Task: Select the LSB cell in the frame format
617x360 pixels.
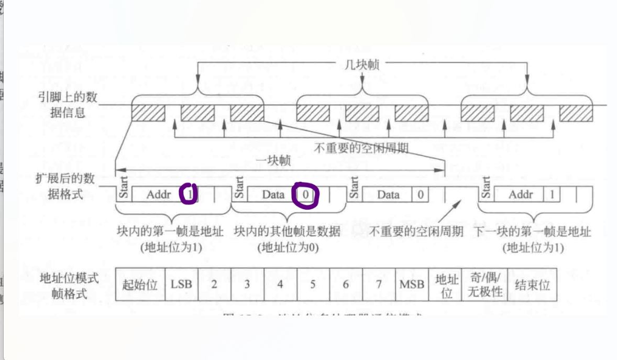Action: pos(181,285)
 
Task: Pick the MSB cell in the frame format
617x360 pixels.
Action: pos(412,285)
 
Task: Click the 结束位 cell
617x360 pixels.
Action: pos(533,285)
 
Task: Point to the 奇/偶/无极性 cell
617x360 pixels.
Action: pos(484,285)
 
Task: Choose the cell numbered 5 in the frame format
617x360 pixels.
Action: pos(313,285)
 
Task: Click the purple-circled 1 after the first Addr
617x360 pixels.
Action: pos(189,194)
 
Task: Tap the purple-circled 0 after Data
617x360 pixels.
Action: pos(305,195)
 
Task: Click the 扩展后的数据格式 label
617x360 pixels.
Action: pos(66,187)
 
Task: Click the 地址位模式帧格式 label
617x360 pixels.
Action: pos(69,286)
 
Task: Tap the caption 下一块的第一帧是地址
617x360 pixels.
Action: pos(533,232)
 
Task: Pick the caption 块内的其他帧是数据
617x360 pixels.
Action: pos(287,232)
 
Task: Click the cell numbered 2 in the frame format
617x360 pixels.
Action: pos(214,285)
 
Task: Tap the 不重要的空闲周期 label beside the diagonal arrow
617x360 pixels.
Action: pos(416,232)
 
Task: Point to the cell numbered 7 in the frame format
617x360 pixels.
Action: pos(379,285)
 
